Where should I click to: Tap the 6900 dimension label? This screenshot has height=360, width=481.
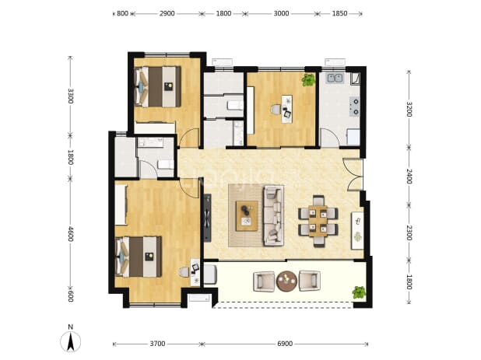click(x=285, y=344)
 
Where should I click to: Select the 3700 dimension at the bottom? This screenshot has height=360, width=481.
click(x=157, y=344)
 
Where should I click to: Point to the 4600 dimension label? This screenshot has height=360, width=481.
click(x=71, y=234)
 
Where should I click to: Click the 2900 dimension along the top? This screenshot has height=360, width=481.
click(x=167, y=13)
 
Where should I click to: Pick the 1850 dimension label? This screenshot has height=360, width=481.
click(x=339, y=13)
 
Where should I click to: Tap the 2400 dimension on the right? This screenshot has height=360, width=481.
click(x=409, y=177)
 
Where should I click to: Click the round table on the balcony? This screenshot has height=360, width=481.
click(x=286, y=281)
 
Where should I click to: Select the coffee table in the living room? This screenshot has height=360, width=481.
click(x=247, y=215)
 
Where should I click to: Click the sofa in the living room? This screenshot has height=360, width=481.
click(x=274, y=215)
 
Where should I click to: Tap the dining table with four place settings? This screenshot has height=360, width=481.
click(x=318, y=221)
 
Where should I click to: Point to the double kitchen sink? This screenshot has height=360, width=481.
click(x=335, y=78)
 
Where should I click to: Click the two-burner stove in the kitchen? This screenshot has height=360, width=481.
click(x=354, y=107)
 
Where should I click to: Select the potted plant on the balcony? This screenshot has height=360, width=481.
click(x=359, y=292)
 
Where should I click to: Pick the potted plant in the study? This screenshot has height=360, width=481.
click(x=308, y=80)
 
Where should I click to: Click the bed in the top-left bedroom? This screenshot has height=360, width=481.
click(x=158, y=87)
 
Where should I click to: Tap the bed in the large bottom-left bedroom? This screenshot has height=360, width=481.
click(x=139, y=257)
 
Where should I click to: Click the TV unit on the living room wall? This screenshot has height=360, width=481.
click(x=207, y=218)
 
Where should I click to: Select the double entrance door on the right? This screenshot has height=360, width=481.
click(x=353, y=174)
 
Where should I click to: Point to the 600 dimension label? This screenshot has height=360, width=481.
click(x=71, y=296)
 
